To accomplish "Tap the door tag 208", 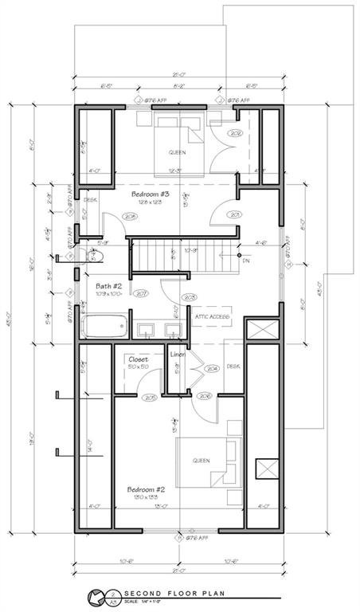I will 129,216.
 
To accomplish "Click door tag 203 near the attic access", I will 189,297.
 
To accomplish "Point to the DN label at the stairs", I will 246,260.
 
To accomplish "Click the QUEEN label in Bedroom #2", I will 200,461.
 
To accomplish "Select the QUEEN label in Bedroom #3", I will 177,151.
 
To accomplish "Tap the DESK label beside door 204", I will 233,367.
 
